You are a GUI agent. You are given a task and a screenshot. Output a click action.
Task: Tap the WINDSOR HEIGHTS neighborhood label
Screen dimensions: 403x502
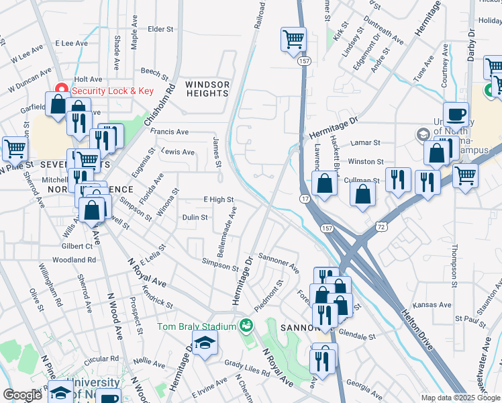[x=207, y=89]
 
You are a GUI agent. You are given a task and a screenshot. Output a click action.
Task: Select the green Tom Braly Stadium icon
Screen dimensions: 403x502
[x=247, y=326]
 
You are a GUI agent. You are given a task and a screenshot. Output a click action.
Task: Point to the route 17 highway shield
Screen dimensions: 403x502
[x=305, y=199]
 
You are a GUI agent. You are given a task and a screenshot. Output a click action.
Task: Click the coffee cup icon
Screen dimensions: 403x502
[x=456, y=114]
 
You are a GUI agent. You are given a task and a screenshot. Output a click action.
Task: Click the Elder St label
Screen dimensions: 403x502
[x=160, y=30]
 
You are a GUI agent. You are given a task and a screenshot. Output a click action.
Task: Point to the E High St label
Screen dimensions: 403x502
[x=218, y=199]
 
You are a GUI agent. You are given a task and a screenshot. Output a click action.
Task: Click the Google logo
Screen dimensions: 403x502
[x=22, y=395]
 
